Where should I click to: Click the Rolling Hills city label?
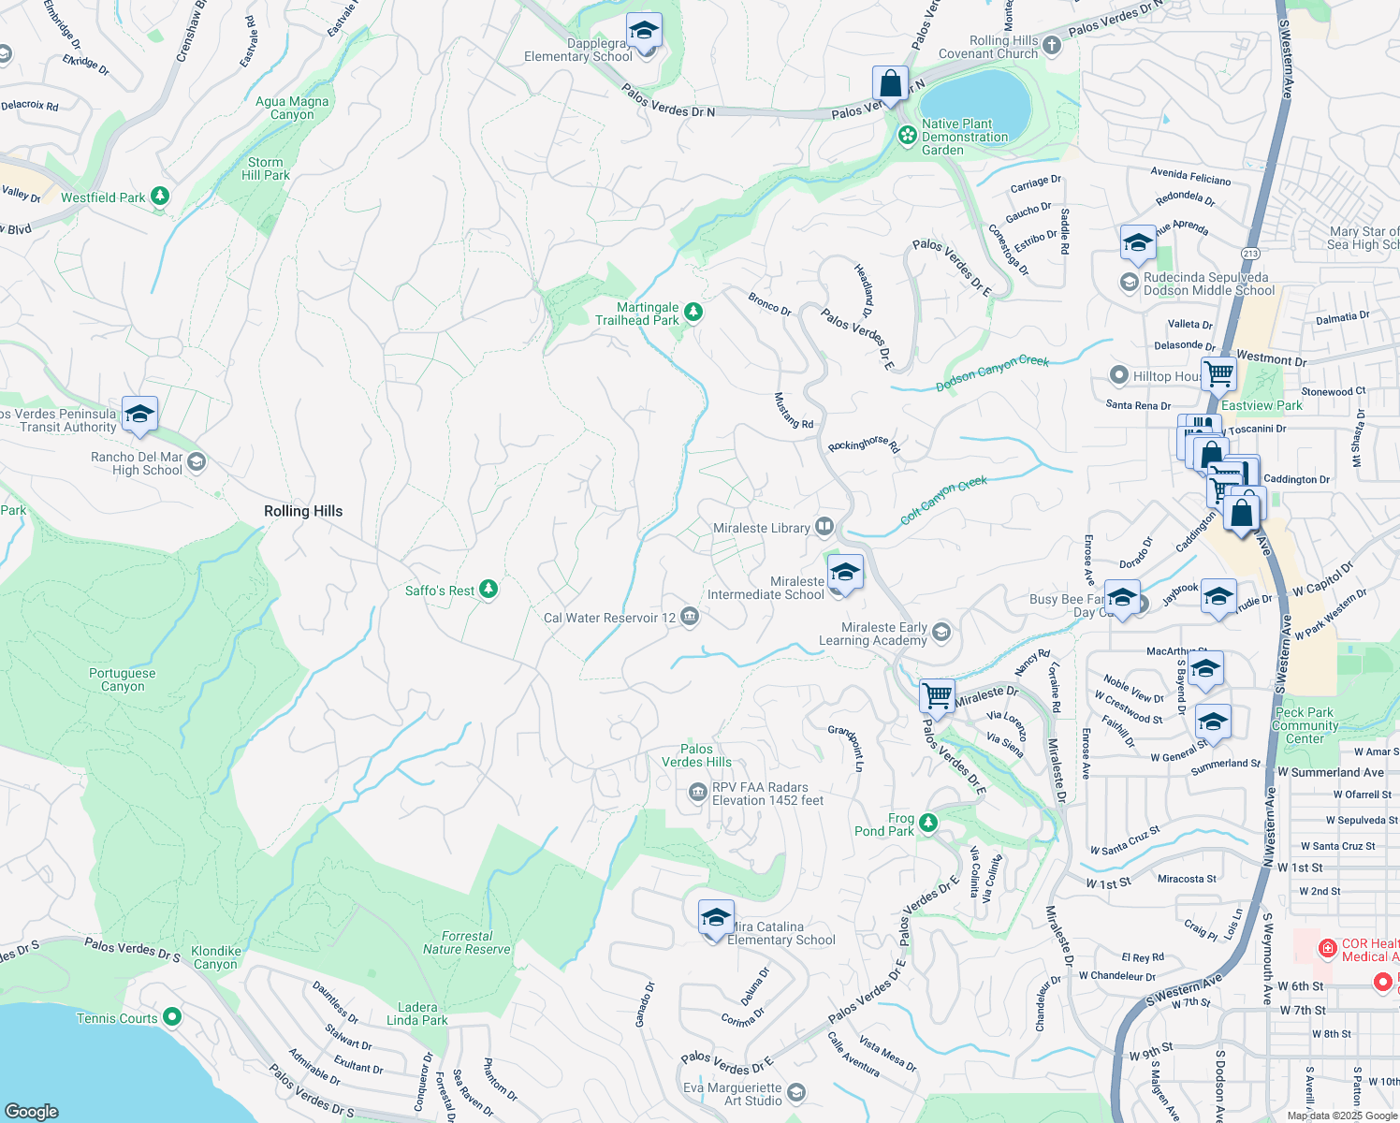[303, 511]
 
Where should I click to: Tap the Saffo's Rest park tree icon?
[488, 589]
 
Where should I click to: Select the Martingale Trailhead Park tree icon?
[693, 312]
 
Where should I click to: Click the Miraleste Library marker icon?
[824, 527]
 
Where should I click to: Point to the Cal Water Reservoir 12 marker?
[690, 616]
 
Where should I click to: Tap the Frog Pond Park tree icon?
[927, 823]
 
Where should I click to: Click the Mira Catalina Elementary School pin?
[716, 919]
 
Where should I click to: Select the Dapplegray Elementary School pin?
[644, 34]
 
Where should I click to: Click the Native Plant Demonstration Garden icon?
[907, 136]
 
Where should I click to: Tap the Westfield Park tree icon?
[160, 196]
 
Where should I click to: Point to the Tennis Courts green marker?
[171, 1016]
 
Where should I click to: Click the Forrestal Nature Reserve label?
[467, 942]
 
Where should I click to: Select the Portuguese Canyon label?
[123, 679]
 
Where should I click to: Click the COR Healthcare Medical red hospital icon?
[1327, 949]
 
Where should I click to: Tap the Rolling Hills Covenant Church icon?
[1051, 45]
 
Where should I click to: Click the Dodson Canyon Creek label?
[992, 373]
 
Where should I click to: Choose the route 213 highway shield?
[1250, 254]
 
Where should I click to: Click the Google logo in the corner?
[32, 1111]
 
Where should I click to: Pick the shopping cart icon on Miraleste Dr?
[937, 695]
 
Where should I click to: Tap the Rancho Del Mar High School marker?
[197, 461]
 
